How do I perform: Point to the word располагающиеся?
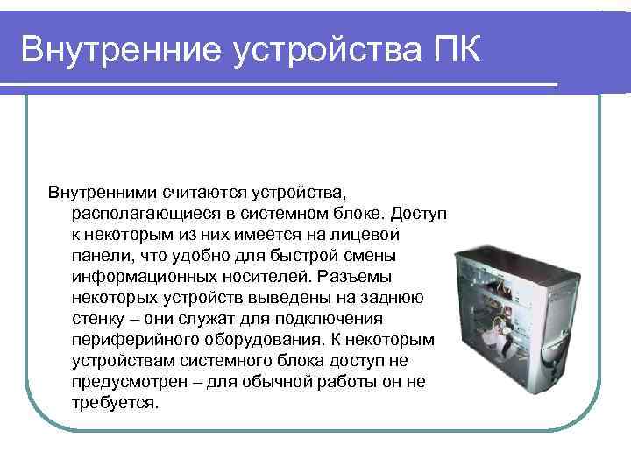pyautogui.click(x=141, y=213)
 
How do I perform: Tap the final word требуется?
pyautogui.click(x=114, y=404)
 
